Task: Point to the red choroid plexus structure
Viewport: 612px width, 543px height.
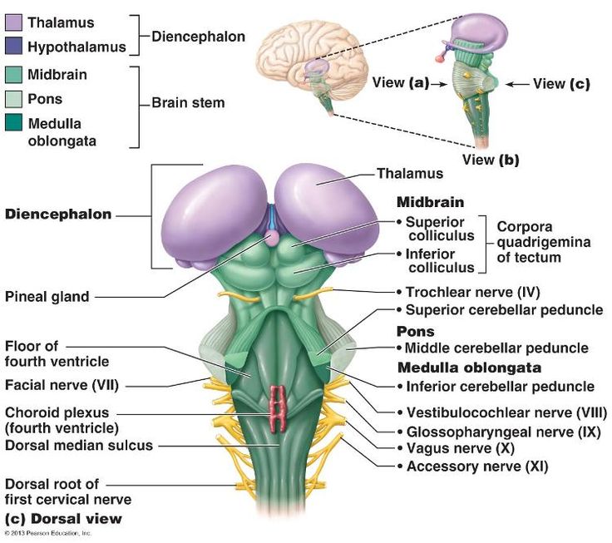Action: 277,402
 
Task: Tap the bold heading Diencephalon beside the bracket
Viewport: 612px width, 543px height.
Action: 58,215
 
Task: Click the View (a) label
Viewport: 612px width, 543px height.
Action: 400,82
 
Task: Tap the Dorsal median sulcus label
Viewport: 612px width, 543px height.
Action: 79,445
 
